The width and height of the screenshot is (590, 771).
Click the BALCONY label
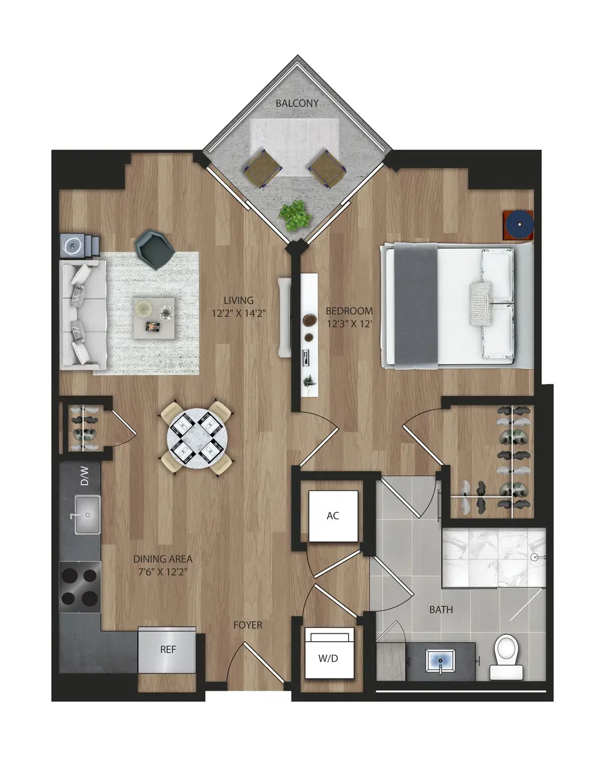tap(297, 103)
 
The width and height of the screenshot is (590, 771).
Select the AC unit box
tap(333, 516)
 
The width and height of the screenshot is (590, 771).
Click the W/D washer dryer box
tap(329, 653)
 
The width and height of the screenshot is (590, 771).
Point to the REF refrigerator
tap(168, 650)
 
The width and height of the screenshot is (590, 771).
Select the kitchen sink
tap(87, 515)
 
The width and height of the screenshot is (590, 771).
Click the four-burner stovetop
tap(80, 587)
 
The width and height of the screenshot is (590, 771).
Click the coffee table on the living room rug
tap(154, 317)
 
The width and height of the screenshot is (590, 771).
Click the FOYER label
tap(248, 625)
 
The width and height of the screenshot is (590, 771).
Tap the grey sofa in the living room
tap(82, 314)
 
